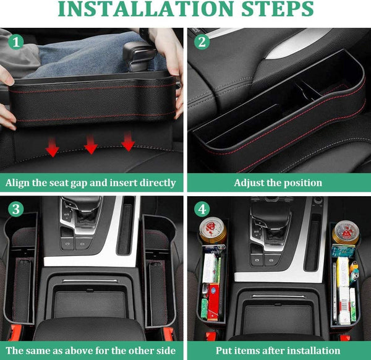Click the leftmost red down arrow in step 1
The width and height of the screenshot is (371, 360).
tap(53, 148)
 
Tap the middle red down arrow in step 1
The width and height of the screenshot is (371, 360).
tap(91, 146)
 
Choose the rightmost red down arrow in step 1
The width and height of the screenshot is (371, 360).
tap(128, 144)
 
